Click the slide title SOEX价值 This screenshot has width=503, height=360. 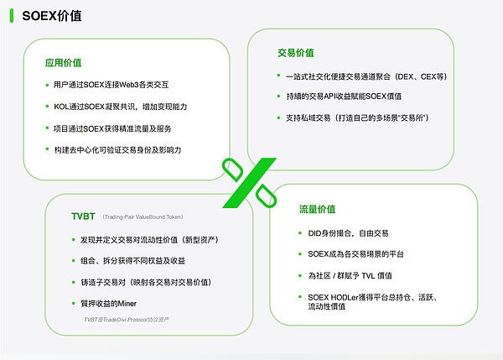52,17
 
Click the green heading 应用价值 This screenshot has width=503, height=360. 64,62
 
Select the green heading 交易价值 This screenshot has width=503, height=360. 296,53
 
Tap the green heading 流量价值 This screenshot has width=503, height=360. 317,208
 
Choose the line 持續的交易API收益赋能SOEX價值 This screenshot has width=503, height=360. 344,97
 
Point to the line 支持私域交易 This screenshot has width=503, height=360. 354,117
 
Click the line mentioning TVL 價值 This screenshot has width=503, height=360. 350,276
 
